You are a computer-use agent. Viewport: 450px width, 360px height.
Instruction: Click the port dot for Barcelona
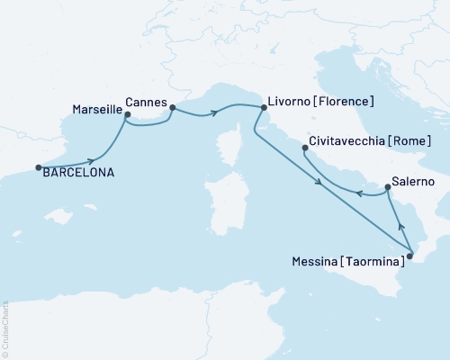pyautogui.click(x=38, y=166)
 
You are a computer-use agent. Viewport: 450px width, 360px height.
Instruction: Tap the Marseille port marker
pyautogui.click(x=126, y=115)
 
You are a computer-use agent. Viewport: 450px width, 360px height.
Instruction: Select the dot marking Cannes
pyautogui.click(x=172, y=107)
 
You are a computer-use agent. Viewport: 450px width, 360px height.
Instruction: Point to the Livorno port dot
pyautogui.click(x=263, y=108)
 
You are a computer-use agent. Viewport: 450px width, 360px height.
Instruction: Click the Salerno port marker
pyautogui.click(x=387, y=187)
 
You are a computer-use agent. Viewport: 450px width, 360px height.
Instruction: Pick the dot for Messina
pyautogui.click(x=409, y=256)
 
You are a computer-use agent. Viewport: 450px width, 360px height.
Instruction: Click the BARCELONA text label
pyautogui.click(x=78, y=173)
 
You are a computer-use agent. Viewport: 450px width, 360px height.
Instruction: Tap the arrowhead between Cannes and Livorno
pyautogui.click(x=215, y=112)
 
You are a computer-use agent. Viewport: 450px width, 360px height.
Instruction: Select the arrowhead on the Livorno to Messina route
pyautogui.click(x=320, y=185)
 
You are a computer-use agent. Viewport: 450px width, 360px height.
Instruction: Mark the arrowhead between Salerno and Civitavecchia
pyautogui.click(x=358, y=193)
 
